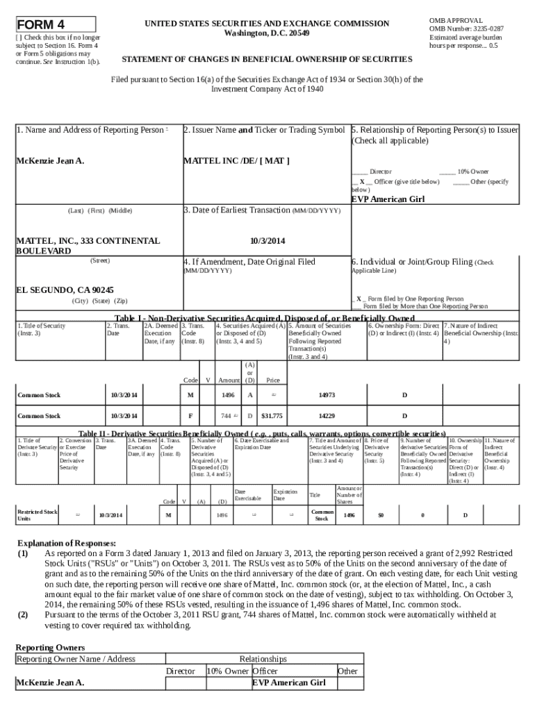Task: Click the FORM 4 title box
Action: tap(56, 24)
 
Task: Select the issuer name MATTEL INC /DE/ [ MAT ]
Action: tap(236, 161)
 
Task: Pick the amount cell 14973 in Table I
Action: tap(327, 395)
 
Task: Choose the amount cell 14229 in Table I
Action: tap(327, 416)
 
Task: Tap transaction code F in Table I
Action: tap(190, 416)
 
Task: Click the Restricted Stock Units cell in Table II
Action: tap(38, 515)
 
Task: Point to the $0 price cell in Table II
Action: tap(380, 515)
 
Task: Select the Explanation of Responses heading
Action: tap(66, 543)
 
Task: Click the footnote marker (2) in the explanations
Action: tap(23, 614)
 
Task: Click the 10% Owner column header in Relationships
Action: tap(227, 671)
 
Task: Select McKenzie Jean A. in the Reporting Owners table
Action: tap(50, 683)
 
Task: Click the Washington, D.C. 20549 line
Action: tap(267, 33)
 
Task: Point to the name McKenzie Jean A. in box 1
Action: tap(50, 161)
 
